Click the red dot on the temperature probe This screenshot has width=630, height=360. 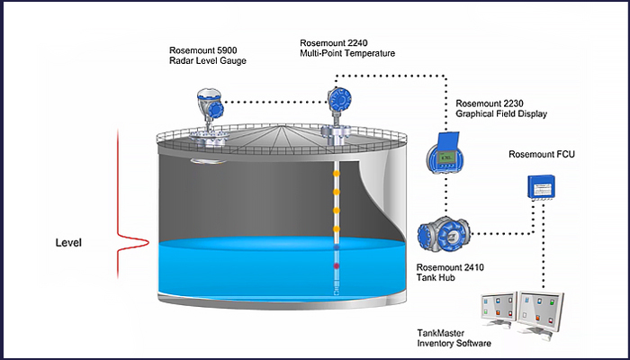coord(337,267)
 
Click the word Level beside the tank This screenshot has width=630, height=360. coord(69,243)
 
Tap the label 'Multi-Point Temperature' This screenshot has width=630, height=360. coord(349,54)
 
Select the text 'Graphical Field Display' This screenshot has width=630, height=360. coord(501,114)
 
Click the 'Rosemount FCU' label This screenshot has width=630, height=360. coord(541,155)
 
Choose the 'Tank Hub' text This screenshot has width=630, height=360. coord(436,278)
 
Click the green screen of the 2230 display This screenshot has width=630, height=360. coord(443,159)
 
